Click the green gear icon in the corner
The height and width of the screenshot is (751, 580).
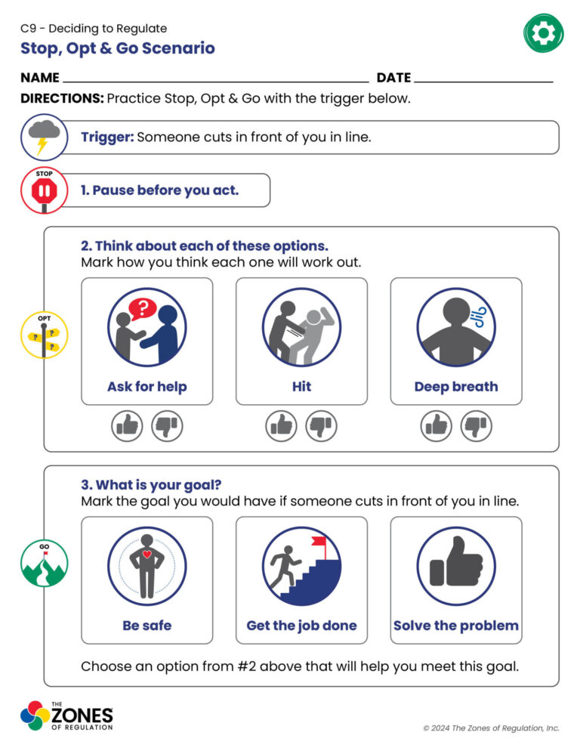[543, 33]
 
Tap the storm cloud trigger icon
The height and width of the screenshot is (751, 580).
[44, 137]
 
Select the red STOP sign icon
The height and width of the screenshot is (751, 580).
[44, 190]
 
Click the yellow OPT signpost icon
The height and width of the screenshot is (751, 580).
[44, 335]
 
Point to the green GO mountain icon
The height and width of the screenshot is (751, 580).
[44, 564]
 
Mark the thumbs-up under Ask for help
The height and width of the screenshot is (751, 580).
[127, 426]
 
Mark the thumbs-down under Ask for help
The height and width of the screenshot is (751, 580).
[167, 426]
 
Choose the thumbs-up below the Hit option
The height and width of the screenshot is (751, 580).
[281, 426]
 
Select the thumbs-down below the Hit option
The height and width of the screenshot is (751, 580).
[322, 426]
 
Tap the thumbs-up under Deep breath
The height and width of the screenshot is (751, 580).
[436, 426]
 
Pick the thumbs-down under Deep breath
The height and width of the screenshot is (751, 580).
[476, 426]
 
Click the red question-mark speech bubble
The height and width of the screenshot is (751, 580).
[142, 309]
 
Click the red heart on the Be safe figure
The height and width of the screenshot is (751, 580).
[147, 554]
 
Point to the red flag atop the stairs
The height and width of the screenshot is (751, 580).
[319, 541]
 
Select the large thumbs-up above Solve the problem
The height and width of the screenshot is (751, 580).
[456, 562]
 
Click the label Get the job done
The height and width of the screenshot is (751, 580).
[302, 626]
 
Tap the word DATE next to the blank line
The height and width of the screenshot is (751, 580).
[393, 78]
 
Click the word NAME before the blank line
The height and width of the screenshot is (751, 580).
[40, 78]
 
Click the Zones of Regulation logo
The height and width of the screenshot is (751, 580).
[66, 716]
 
